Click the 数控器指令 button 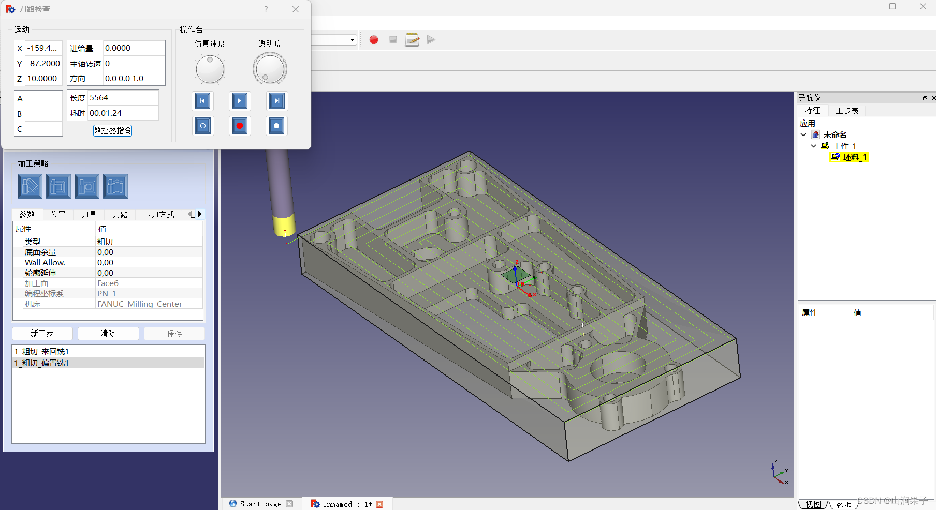(112, 130)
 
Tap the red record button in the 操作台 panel (239, 126)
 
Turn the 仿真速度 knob (210, 69)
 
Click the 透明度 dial (270, 69)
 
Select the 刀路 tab (120, 215)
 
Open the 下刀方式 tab (159, 215)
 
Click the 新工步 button (42, 333)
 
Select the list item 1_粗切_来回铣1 (42, 352)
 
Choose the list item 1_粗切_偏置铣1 (42, 363)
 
